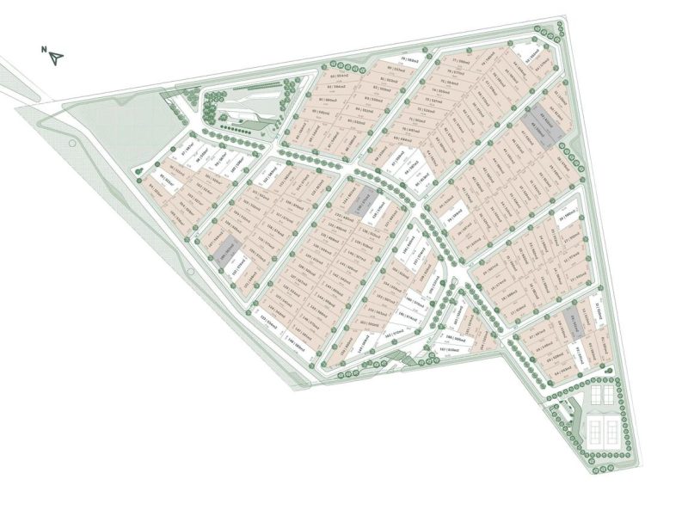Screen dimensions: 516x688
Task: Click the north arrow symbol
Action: click(58, 58)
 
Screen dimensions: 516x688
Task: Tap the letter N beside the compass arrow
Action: click(44, 51)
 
